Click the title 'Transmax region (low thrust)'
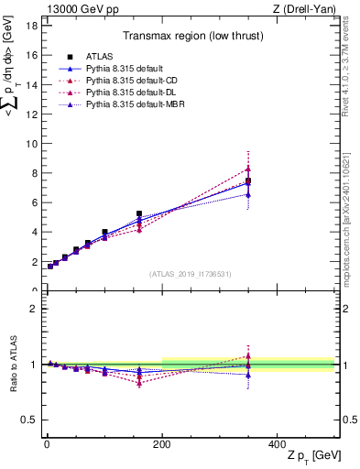[x=189, y=38]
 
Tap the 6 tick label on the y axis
[x=33, y=202]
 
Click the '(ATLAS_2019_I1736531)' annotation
[x=189, y=274]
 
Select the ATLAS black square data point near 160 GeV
[x=139, y=213]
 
